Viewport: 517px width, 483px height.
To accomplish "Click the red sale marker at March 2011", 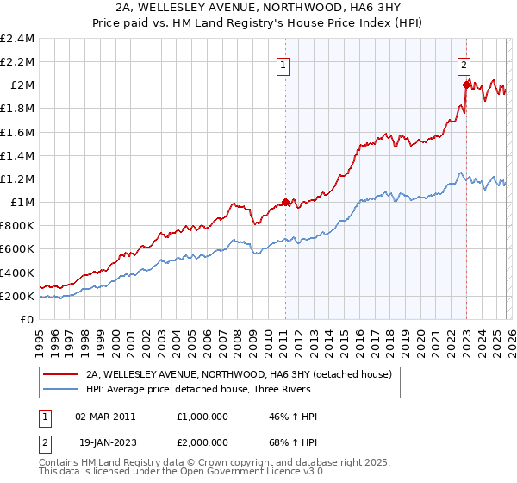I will coord(285,203).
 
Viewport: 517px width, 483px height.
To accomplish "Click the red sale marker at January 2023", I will coord(466,85).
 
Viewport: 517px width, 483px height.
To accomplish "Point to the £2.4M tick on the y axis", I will coord(18,39).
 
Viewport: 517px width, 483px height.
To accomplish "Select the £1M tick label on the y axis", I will coord(22,203).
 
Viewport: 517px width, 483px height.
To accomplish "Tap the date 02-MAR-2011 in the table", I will coord(105,417).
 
